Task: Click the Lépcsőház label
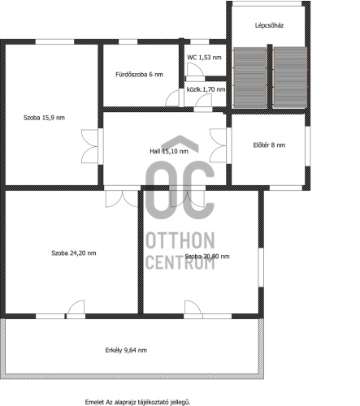(x=269, y=25)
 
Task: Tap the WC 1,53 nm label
(x=204, y=58)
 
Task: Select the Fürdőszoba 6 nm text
(x=139, y=75)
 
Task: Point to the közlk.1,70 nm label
(x=206, y=89)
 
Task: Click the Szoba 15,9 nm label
(x=44, y=118)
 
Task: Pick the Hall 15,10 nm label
(x=169, y=151)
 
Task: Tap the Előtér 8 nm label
(x=269, y=145)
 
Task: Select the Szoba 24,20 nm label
(x=74, y=253)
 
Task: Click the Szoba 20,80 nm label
(x=207, y=257)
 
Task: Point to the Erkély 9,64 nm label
(x=126, y=350)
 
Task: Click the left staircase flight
(x=250, y=77)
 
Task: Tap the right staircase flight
(x=290, y=77)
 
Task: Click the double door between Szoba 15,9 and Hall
(x=89, y=146)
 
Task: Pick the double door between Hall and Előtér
(x=218, y=145)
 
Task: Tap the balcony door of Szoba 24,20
(x=76, y=308)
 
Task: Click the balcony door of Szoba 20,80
(x=193, y=308)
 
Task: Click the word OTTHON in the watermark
(x=180, y=240)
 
